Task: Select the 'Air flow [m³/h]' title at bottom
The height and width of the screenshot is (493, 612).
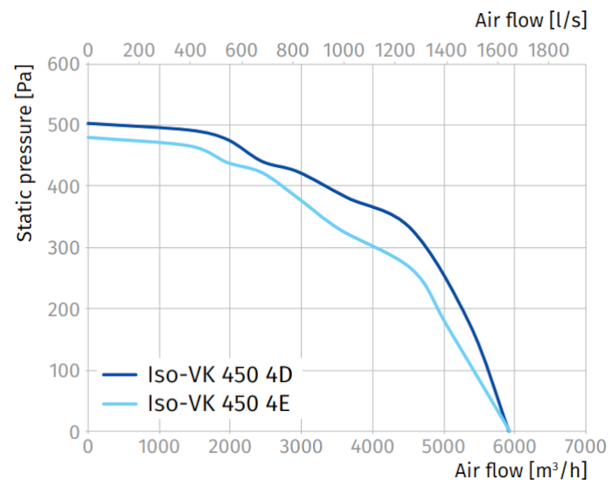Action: (x=521, y=470)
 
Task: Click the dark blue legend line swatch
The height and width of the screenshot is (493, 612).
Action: (x=120, y=376)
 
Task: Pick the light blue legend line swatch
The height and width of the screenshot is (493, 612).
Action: (x=120, y=403)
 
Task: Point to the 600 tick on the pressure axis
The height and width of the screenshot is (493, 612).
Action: (x=65, y=64)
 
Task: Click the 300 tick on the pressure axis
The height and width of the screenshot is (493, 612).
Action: (x=65, y=247)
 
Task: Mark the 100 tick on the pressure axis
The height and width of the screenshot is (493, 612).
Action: (x=65, y=371)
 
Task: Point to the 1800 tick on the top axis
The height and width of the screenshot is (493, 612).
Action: (x=550, y=49)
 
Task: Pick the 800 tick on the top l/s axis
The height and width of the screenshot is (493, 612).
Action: (x=294, y=49)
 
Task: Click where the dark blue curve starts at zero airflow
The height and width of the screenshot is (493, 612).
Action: (x=88, y=123)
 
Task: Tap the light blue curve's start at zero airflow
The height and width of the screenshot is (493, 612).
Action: (x=88, y=137)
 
